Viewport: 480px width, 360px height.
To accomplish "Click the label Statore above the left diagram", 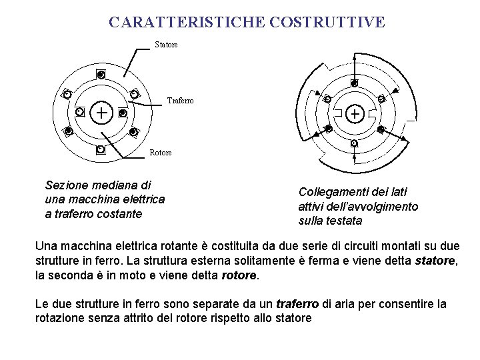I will pos(166,45).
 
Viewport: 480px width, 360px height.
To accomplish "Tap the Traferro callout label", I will pos(180,101).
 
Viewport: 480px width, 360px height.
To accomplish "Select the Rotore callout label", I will pos(160,153).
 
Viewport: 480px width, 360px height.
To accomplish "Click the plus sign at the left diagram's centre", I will pos(101,113).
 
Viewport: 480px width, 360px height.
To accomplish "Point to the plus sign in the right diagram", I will pos(354,115).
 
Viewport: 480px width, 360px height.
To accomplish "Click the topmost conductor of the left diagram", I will pos(101,75).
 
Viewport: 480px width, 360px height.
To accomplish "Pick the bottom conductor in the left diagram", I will pos(100,149).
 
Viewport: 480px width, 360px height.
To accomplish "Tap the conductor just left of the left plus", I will pos(79,113).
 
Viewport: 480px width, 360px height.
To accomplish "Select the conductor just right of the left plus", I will pos(122,113).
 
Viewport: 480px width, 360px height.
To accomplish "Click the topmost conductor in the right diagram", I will pos(354,83).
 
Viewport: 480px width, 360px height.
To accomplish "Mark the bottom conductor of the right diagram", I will pos(354,143).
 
